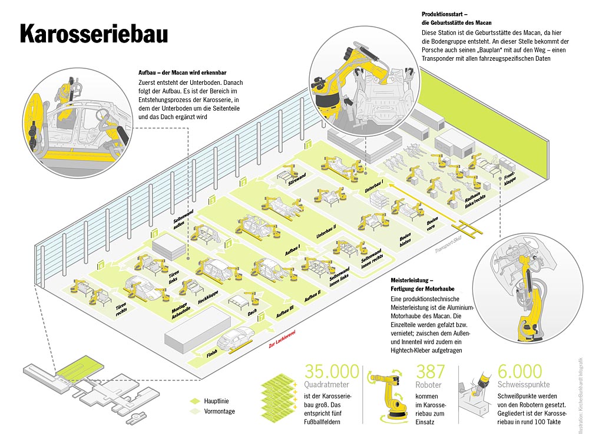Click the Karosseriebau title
click(94, 34)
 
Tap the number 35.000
click(332, 372)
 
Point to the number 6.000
click(519, 372)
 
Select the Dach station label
click(252, 313)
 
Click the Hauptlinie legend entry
click(216, 401)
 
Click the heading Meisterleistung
click(412, 280)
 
